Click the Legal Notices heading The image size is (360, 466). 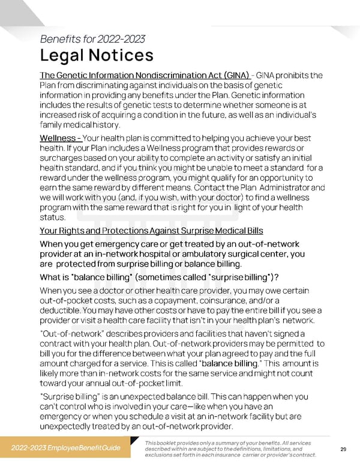coord(96,56)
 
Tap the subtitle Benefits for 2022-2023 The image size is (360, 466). coord(92,40)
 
